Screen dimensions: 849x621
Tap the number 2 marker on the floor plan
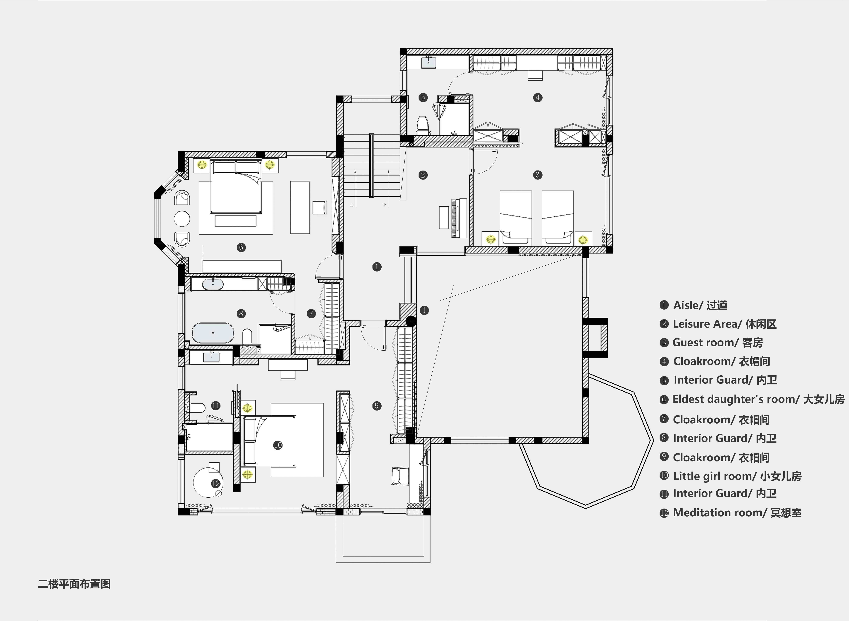coord(423,175)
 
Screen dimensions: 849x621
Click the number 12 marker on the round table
coord(216,483)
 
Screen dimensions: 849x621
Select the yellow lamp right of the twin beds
coord(582,239)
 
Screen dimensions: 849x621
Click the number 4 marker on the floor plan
coord(538,98)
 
